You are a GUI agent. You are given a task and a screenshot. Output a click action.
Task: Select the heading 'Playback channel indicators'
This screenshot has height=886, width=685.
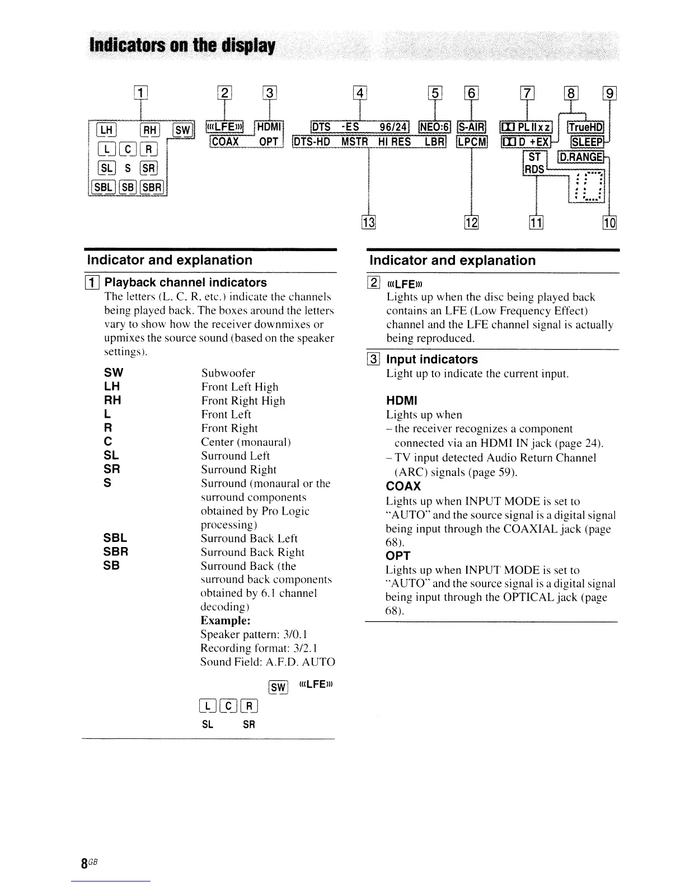coord(185,282)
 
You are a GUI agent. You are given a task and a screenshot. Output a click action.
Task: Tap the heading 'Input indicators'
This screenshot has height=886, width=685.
coord(431,359)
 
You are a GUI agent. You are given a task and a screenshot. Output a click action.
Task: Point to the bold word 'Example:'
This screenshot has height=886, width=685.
coord(225,620)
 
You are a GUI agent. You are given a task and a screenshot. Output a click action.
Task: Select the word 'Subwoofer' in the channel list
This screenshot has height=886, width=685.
coord(228,373)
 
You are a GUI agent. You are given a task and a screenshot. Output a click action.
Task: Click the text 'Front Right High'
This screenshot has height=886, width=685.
coord(243,400)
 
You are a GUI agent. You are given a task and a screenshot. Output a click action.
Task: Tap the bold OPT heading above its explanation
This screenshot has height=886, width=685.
coord(398,555)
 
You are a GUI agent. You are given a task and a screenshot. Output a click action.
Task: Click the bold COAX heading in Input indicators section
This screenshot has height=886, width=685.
coord(403,486)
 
